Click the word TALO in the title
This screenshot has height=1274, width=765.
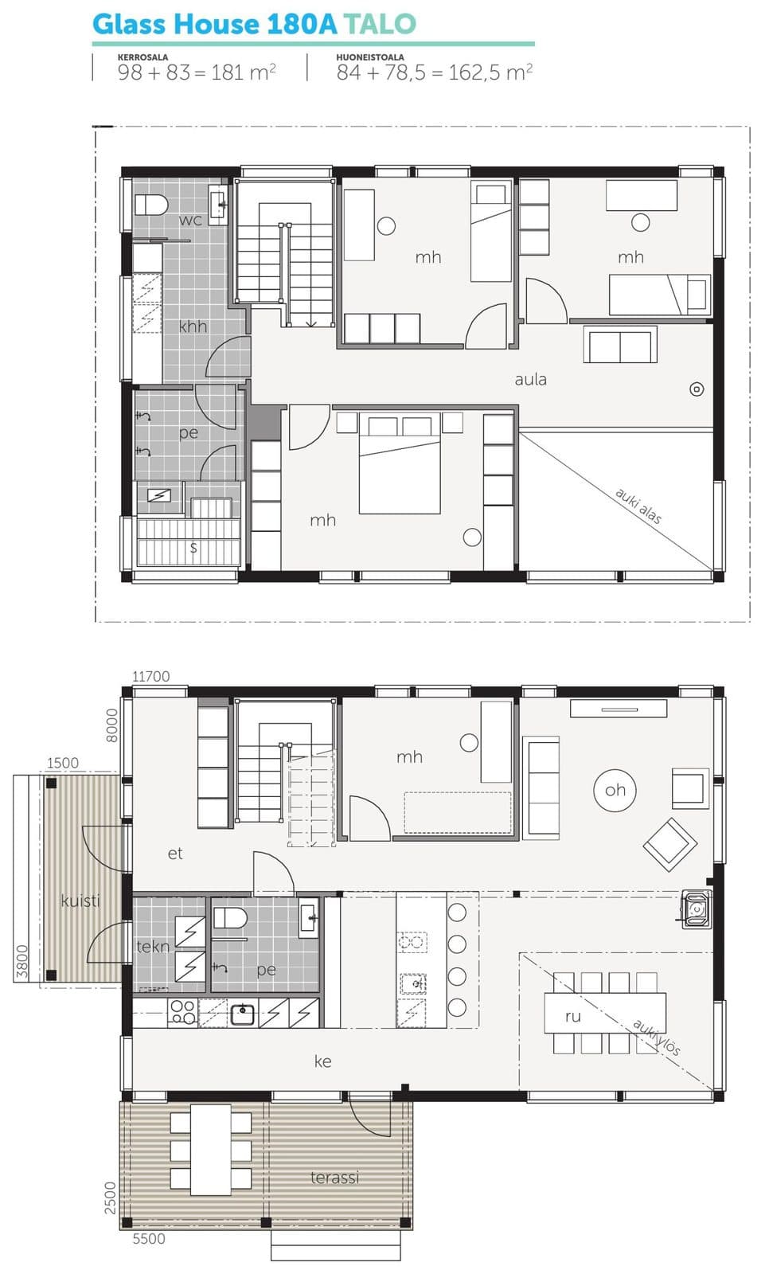pos(380,24)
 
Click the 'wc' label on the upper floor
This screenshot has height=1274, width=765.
pos(190,220)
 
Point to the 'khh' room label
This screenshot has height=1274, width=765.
pos(193,326)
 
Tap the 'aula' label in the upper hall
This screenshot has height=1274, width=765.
pos(531,379)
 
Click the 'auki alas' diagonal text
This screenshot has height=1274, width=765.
pos(638,506)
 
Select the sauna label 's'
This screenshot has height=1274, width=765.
pos(194,547)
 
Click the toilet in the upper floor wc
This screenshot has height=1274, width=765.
pos(151,205)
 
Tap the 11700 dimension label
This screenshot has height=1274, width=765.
pos(150,676)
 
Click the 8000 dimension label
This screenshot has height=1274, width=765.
pos(112,725)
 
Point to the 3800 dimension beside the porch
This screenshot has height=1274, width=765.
pos(21,961)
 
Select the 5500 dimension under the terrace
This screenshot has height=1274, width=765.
pos(149,1239)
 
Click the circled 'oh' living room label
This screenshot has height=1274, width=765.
pos(615,790)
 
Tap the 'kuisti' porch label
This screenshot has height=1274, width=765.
pos(80,901)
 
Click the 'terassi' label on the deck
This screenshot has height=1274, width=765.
pos(334,1178)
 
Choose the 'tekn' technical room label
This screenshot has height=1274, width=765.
pos(152,947)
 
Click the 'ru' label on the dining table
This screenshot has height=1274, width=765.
pos(572,1016)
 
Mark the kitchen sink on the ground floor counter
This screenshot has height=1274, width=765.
pos(243,1013)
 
